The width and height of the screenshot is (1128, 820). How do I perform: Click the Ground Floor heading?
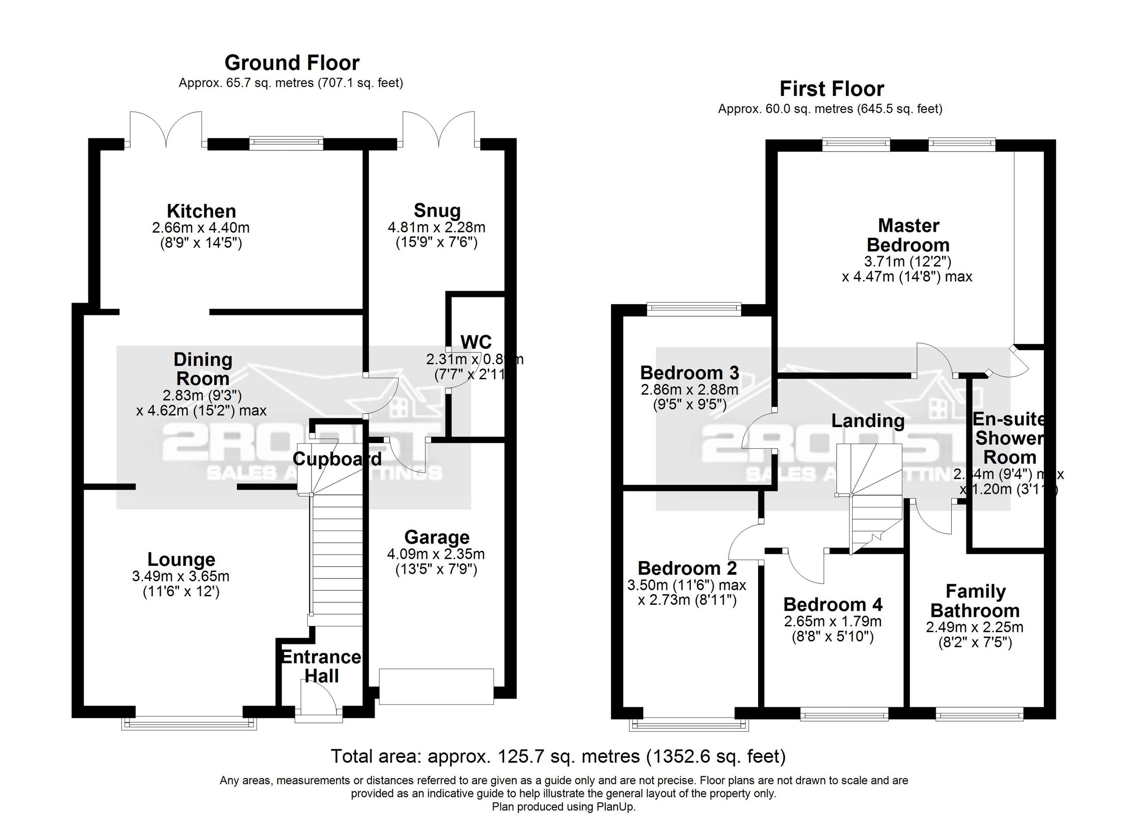tap(292, 63)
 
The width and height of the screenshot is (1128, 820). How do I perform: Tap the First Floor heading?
tap(831, 89)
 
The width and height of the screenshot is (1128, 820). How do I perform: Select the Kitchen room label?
tap(201, 211)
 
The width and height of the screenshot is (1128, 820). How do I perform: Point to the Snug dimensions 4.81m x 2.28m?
tap(436, 227)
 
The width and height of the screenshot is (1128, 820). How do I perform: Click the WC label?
tap(476, 342)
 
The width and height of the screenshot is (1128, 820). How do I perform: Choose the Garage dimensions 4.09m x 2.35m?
tap(436, 554)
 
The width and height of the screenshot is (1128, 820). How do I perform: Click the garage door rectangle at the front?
tap(436, 687)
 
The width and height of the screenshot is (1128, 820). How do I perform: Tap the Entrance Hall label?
tap(321, 666)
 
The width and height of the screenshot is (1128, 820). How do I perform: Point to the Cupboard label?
tap(337, 459)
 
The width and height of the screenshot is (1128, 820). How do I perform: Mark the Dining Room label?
tap(203, 369)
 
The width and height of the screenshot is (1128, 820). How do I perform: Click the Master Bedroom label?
tap(908, 235)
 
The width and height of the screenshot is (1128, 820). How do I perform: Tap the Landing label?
tap(868, 421)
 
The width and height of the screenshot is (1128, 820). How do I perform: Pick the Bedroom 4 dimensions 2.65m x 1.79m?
tap(832, 621)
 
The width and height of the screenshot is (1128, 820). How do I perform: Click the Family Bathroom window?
tap(979, 716)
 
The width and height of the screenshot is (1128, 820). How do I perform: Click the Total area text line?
tap(558, 757)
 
